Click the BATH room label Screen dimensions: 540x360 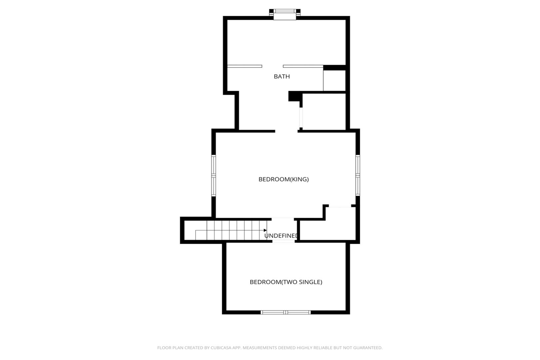point(281,76)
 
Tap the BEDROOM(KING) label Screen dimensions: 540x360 point(283,179)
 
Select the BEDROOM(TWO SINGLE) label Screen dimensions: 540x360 point(286,282)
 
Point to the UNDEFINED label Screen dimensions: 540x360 point(281,236)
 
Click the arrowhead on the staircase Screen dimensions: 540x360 point(265,230)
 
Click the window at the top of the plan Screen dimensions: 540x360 point(285,14)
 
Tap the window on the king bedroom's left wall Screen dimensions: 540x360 point(214,175)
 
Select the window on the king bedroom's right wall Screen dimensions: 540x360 point(358,175)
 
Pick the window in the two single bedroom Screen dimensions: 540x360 point(286,312)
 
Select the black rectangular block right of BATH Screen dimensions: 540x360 point(334,68)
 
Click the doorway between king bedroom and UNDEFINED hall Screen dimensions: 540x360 point(282,219)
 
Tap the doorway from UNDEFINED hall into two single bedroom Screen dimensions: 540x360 point(283,241)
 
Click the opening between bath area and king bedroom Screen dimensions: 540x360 point(286,131)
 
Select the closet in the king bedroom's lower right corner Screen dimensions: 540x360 point(328,224)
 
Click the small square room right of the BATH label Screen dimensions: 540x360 point(334,81)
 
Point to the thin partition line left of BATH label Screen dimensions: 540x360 point(245,66)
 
